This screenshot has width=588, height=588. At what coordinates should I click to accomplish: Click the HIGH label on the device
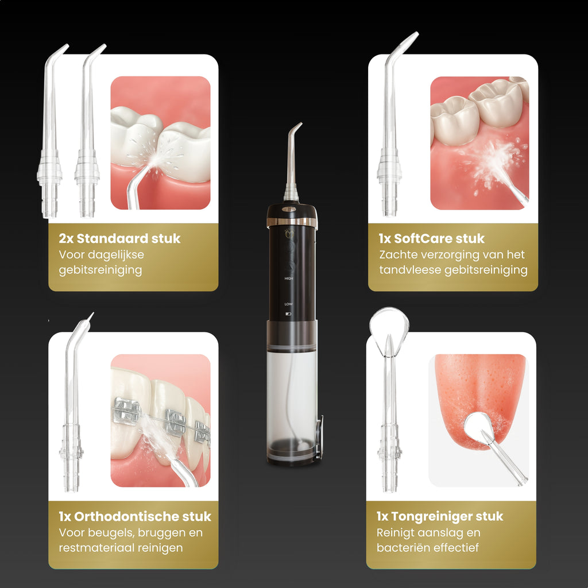pos(288,278)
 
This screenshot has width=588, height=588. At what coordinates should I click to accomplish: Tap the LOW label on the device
pos(288,304)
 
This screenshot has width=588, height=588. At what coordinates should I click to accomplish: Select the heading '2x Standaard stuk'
pos(119,238)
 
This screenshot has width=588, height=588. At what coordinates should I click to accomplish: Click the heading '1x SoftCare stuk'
pos(432,238)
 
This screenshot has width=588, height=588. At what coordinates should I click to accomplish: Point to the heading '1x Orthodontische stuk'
pos(135,516)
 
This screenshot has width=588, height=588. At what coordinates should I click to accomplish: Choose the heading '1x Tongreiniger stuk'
pos(440,516)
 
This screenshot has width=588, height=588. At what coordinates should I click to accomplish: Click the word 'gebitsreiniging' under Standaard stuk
pos(100,270)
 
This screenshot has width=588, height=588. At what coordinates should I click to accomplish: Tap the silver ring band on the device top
pos(292,222)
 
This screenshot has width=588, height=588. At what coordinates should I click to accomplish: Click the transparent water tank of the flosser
pos(292,396)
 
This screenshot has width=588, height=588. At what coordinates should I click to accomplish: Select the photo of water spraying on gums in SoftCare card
pos(479,143)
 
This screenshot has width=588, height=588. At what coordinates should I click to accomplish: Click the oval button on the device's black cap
pos(289,210)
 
